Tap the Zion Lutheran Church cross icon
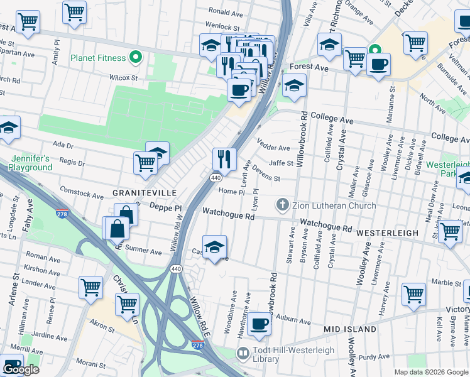pos(282,205)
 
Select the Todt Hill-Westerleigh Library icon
pos(243,354)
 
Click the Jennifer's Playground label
pos(30,163)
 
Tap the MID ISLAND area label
pos(349,329)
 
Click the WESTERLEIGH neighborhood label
pos(387,232)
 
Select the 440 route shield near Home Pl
pos(216,178)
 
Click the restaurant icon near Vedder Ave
pos(224,159)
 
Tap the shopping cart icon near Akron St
pos(128,303)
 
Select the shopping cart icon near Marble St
pos(413,293)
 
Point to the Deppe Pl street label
pos(165,207)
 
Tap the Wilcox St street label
pos(123,77)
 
